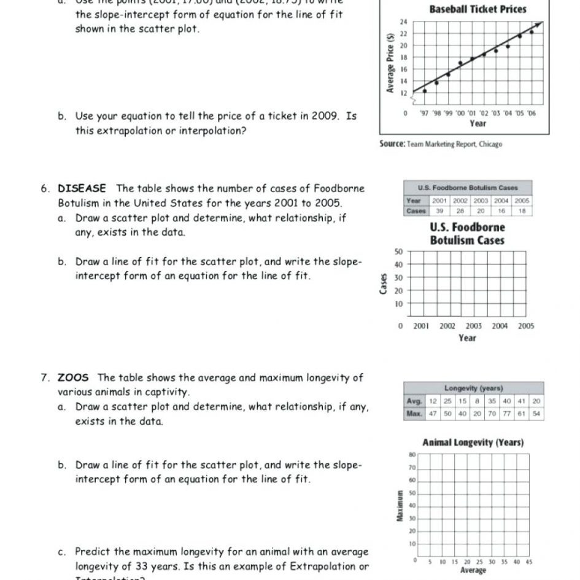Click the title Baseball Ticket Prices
click(478, 9)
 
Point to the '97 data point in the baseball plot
click(425, 91)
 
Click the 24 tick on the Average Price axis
click(403, 22)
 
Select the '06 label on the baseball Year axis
click(531, 114)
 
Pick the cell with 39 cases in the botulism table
click(439, 211)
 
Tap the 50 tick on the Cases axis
click(398, 252)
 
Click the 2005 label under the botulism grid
click(526, 327)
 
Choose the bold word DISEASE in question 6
click(82, 188)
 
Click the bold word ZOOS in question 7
click(73, 378)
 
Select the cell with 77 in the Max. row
click(508, 414)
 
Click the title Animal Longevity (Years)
click(473, 443)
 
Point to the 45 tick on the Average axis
click(528, 562)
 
